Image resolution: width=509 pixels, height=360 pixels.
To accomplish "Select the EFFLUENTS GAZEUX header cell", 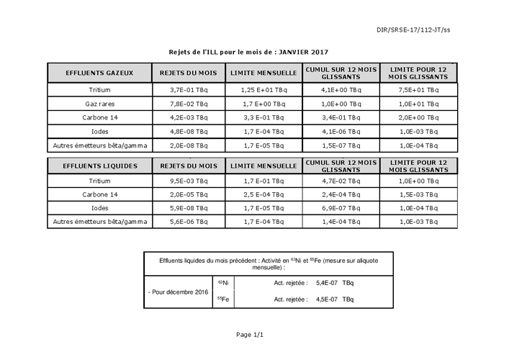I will tap(99, 73).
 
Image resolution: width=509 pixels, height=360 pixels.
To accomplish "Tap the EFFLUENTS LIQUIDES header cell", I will tap(99, 166).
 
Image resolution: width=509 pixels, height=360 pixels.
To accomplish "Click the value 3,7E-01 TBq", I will tap(189, 91).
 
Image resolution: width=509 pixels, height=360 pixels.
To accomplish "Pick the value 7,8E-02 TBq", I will tap(189, 104).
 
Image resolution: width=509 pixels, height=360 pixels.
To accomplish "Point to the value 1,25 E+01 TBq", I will tap(264, 91).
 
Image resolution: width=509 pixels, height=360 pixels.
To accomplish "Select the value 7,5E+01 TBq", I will tap(418, 91).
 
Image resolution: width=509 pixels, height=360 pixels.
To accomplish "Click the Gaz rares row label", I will tap(99, 104).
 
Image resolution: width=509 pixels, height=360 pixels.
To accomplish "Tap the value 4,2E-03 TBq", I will tap(189, 118).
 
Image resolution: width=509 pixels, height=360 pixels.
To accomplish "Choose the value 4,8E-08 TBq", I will tap(189, 132).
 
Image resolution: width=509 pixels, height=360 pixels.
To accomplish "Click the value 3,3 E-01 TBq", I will tap(264, 118).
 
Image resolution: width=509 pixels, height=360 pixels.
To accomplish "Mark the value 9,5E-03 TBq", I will tap(189, 181).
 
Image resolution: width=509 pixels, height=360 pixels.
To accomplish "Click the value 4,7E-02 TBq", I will tap(341, 181).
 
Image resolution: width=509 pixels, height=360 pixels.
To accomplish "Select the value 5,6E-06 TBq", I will tap(189, 222).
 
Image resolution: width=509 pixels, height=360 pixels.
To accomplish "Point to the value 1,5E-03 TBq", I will tap(418, 194).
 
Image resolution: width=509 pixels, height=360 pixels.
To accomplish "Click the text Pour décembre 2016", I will tap(178, 292).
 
